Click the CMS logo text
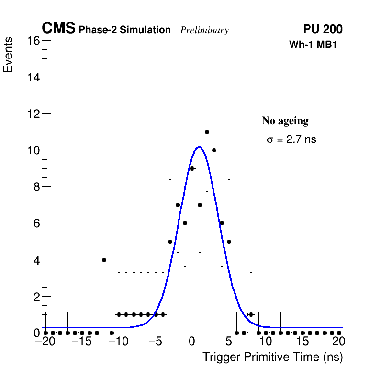tap(58, 29)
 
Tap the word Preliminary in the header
tap(204, 30)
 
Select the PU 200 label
tap(323, 29)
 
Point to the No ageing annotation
tap(285, 121)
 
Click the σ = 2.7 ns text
tap(291, 140)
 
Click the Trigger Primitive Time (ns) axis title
tap(272, 357)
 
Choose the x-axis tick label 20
tap(338, 342)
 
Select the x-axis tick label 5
tap(229, 342)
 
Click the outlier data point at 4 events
tap(104, 260)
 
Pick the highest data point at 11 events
tap(207, 132)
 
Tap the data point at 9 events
tap(192, 168)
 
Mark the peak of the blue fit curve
tap(199, 147)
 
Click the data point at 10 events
tap(214, 150)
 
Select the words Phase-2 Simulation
tap(124, 30)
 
